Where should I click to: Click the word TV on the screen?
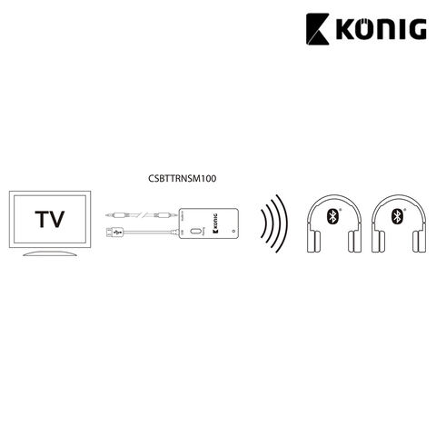[50, 219]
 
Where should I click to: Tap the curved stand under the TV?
[50, 253]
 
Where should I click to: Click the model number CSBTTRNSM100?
[183, 178]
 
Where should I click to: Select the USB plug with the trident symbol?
[115, 233]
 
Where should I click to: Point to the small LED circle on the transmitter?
[233, 232]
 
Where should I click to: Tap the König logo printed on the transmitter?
[214, 223]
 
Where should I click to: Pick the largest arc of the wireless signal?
[284, 223]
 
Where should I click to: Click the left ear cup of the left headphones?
[314, 242]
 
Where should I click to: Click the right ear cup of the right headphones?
[420, 242]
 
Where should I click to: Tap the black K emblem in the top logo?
[318, 29]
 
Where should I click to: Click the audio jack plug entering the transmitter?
[165, 215]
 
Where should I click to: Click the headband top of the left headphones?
[334, 198]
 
